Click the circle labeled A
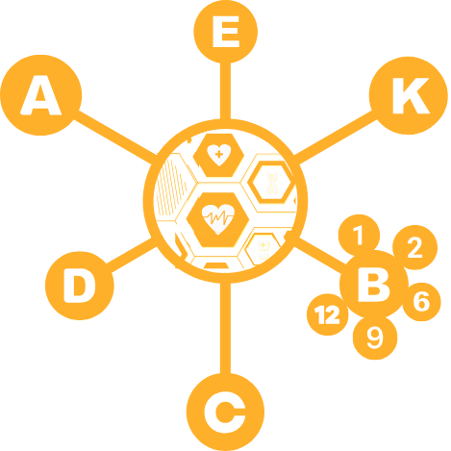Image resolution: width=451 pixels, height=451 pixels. pos(41,95)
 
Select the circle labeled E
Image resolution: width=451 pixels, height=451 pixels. pos(226,32)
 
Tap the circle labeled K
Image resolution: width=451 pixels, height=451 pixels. pos(409,95)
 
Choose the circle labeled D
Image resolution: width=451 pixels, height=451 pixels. pos(80,286)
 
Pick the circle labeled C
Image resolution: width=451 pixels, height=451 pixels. pos(225,412)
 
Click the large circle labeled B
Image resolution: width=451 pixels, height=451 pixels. pos(374,284)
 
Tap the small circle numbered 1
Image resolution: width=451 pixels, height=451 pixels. pos(359,235)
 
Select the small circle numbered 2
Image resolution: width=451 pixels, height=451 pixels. pos(414,247)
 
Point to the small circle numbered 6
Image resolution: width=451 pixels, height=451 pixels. pos(421,302)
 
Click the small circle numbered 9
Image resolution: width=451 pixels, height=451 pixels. pos(375,338)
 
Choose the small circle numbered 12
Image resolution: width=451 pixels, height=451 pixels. pos(327,314)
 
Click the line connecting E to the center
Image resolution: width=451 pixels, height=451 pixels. pos(225,91)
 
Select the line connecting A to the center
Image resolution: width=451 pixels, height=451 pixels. pos(115,138)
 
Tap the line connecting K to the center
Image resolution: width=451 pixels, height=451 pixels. pos(335,138)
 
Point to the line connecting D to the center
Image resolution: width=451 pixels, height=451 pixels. pos(131,255)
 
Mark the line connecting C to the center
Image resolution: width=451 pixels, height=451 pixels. pos(225,328)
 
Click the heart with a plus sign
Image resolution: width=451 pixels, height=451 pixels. pos(219,155)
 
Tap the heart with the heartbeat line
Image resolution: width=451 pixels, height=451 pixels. pos(218,219)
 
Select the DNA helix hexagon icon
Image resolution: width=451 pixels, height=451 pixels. pos(272,183)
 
